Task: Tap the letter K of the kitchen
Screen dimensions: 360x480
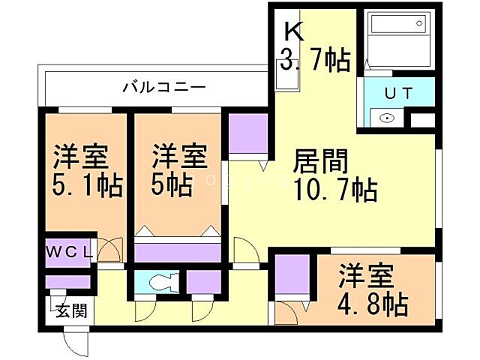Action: pos(292,31)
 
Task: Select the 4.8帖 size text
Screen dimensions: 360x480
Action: pos(373,304)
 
